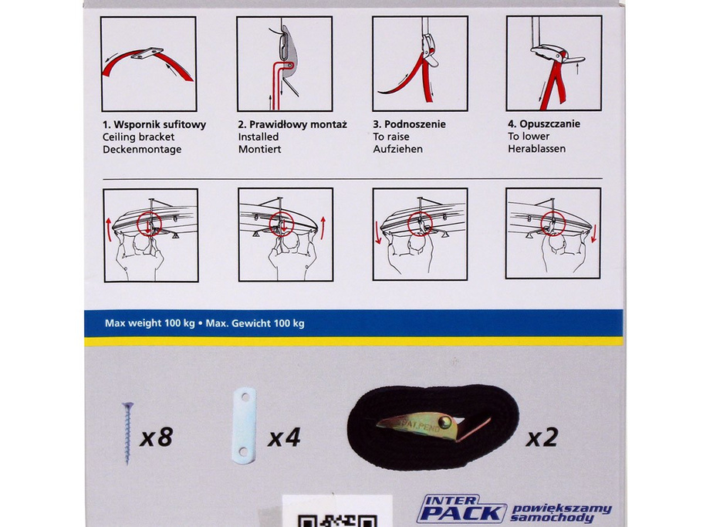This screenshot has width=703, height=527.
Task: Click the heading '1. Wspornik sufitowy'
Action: tap(154, 124)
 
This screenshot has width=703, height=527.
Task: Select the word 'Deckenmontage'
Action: tap(141, 149)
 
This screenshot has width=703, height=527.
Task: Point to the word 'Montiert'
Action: tap(259, 149)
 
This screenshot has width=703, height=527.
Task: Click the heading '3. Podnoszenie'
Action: tap(409, 124)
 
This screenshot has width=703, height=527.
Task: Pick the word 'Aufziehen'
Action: tap(397, 149)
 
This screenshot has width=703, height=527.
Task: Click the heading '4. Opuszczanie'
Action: tap(544, 124)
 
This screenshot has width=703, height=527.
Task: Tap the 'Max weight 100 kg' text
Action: tap(149, 323)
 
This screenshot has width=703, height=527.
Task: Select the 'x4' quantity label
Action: tap(284, 439)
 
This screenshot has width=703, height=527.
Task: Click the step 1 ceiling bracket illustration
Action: tap(149, 63)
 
